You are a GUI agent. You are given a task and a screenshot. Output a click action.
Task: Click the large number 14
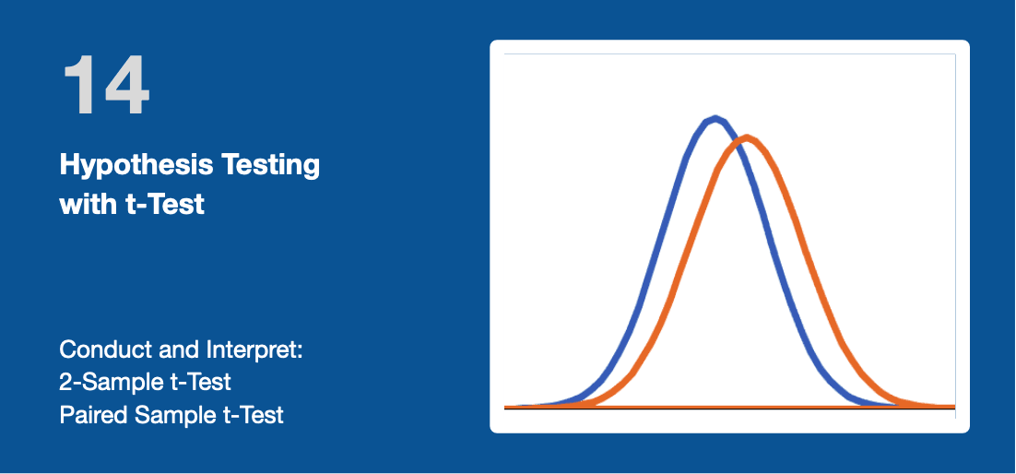106,85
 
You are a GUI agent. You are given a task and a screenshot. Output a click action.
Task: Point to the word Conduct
100,350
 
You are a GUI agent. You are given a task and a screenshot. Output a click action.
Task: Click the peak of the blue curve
715,118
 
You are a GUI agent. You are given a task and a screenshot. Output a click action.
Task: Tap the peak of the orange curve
747,137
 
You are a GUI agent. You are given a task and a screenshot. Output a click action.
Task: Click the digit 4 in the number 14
127,85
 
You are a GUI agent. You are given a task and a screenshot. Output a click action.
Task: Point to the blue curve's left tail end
507,407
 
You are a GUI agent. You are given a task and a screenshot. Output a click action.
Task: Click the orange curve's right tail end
952,407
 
